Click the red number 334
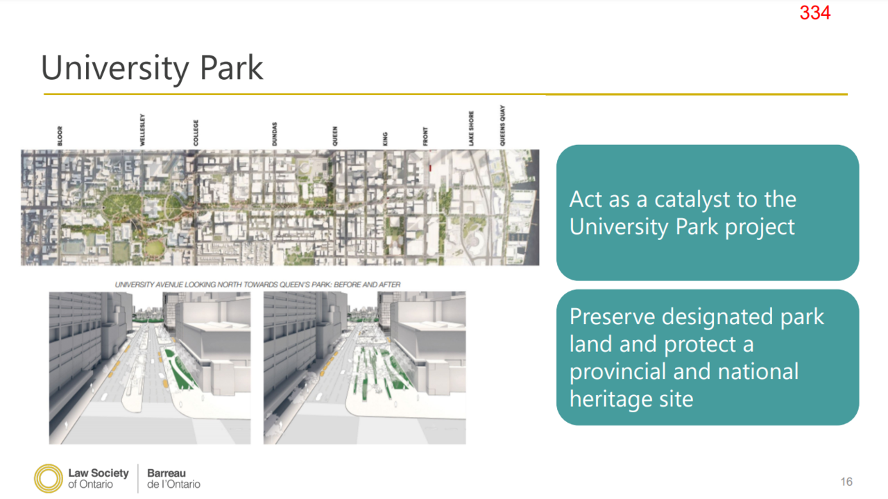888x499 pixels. (814, 12)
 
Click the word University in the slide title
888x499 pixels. (115, 68)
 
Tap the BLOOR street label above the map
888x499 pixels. (60, 136)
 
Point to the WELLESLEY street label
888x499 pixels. (142, 130)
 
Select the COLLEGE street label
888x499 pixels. (196, 133)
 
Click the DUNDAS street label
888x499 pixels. (274, 134)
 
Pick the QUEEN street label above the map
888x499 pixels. (335, 136)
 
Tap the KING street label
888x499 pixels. (385, 139)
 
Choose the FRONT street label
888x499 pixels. (425, 137)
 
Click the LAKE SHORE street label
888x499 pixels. (471, 128)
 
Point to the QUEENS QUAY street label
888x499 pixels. (502, 126)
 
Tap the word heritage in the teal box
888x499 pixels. (611, 400)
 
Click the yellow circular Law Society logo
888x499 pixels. (49, 478)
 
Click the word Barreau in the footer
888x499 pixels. (166, 473)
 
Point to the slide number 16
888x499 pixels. (846, 482)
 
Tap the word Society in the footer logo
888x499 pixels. (110, 473)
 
